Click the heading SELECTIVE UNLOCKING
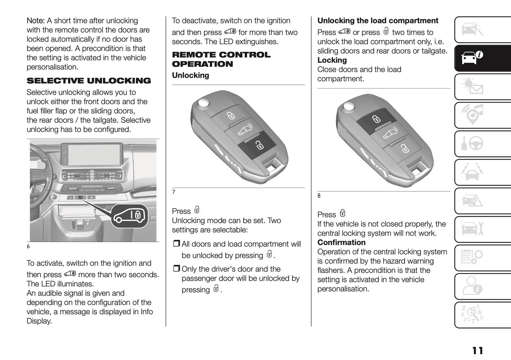pyautogui.click(x=89, y=81)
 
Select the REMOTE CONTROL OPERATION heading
pyautogui.click(x=221, y=59)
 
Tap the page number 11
pyautogui.click(x=477, y=350)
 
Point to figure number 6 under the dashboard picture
pyautogui.click(x=28, y=246)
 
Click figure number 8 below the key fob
pyautogui.click(x=319, y=196)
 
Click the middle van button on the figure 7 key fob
pyautogui.click(x=244, y=129)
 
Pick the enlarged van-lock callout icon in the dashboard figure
pyautogui.click(x=129, y=216)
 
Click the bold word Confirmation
pyautogui.click(x=341, y=243)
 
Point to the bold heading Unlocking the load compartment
pyautogui.click(x=378, y=21)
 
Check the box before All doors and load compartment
pyautogui.click(x=176, y=244)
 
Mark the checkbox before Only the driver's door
pyautogui.click(x=176, y=269)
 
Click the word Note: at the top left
pyautogui.click(x=35, y=21)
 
